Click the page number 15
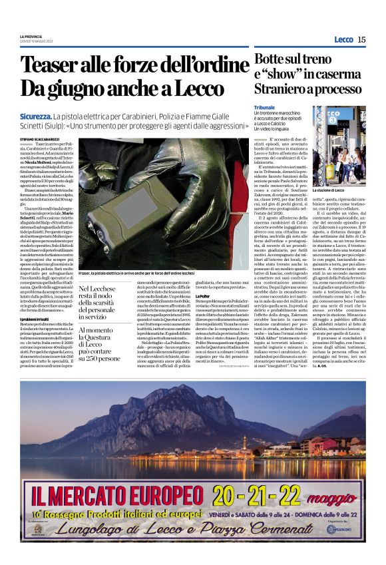click(x=361, y=39)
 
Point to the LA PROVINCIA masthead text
click(x=32, y=36)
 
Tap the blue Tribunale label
click(x=265, y=106)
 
